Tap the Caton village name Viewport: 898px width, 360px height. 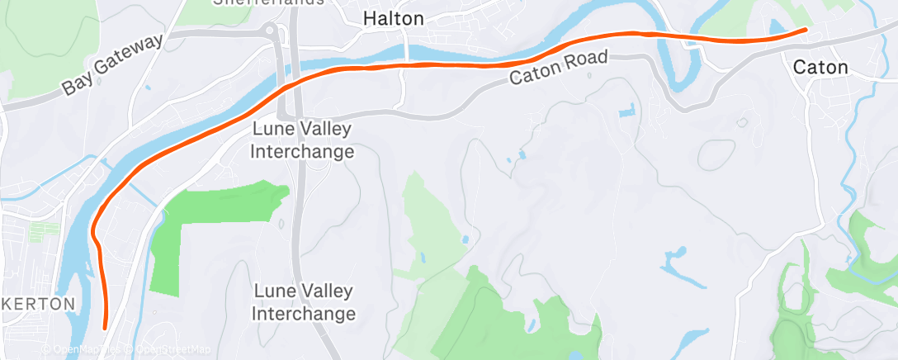click(820, 68)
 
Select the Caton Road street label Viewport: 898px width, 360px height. click(558, 69)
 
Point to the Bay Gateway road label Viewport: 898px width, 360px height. click(112, 65)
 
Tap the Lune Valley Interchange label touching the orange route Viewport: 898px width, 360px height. click(303, 140)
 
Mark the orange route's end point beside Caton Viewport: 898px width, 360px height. click(806, 30)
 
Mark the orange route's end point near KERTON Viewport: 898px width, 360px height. click(105, 328)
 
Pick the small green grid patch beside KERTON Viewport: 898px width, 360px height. click(40, 232)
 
